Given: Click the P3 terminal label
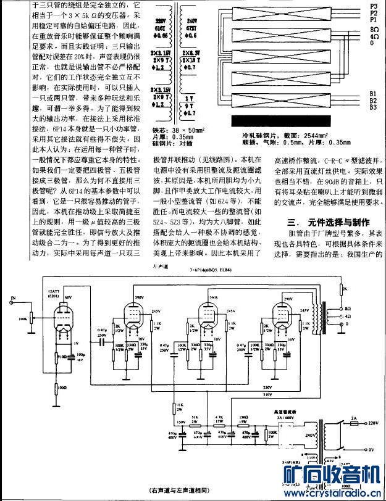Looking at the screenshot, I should pyautogui.click(x=372, y=6).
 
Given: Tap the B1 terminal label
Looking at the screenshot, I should pyautogui.click(x=372, y=93).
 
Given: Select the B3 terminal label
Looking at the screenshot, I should pyautogui.click(x=372, y=107).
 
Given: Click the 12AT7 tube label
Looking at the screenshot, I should pyautogui.click(x=54, y=276).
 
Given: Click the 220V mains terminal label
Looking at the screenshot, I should pyautogui.click(x=372, y=424).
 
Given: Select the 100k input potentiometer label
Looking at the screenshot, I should pyautogui.click(x=23, y=318).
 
